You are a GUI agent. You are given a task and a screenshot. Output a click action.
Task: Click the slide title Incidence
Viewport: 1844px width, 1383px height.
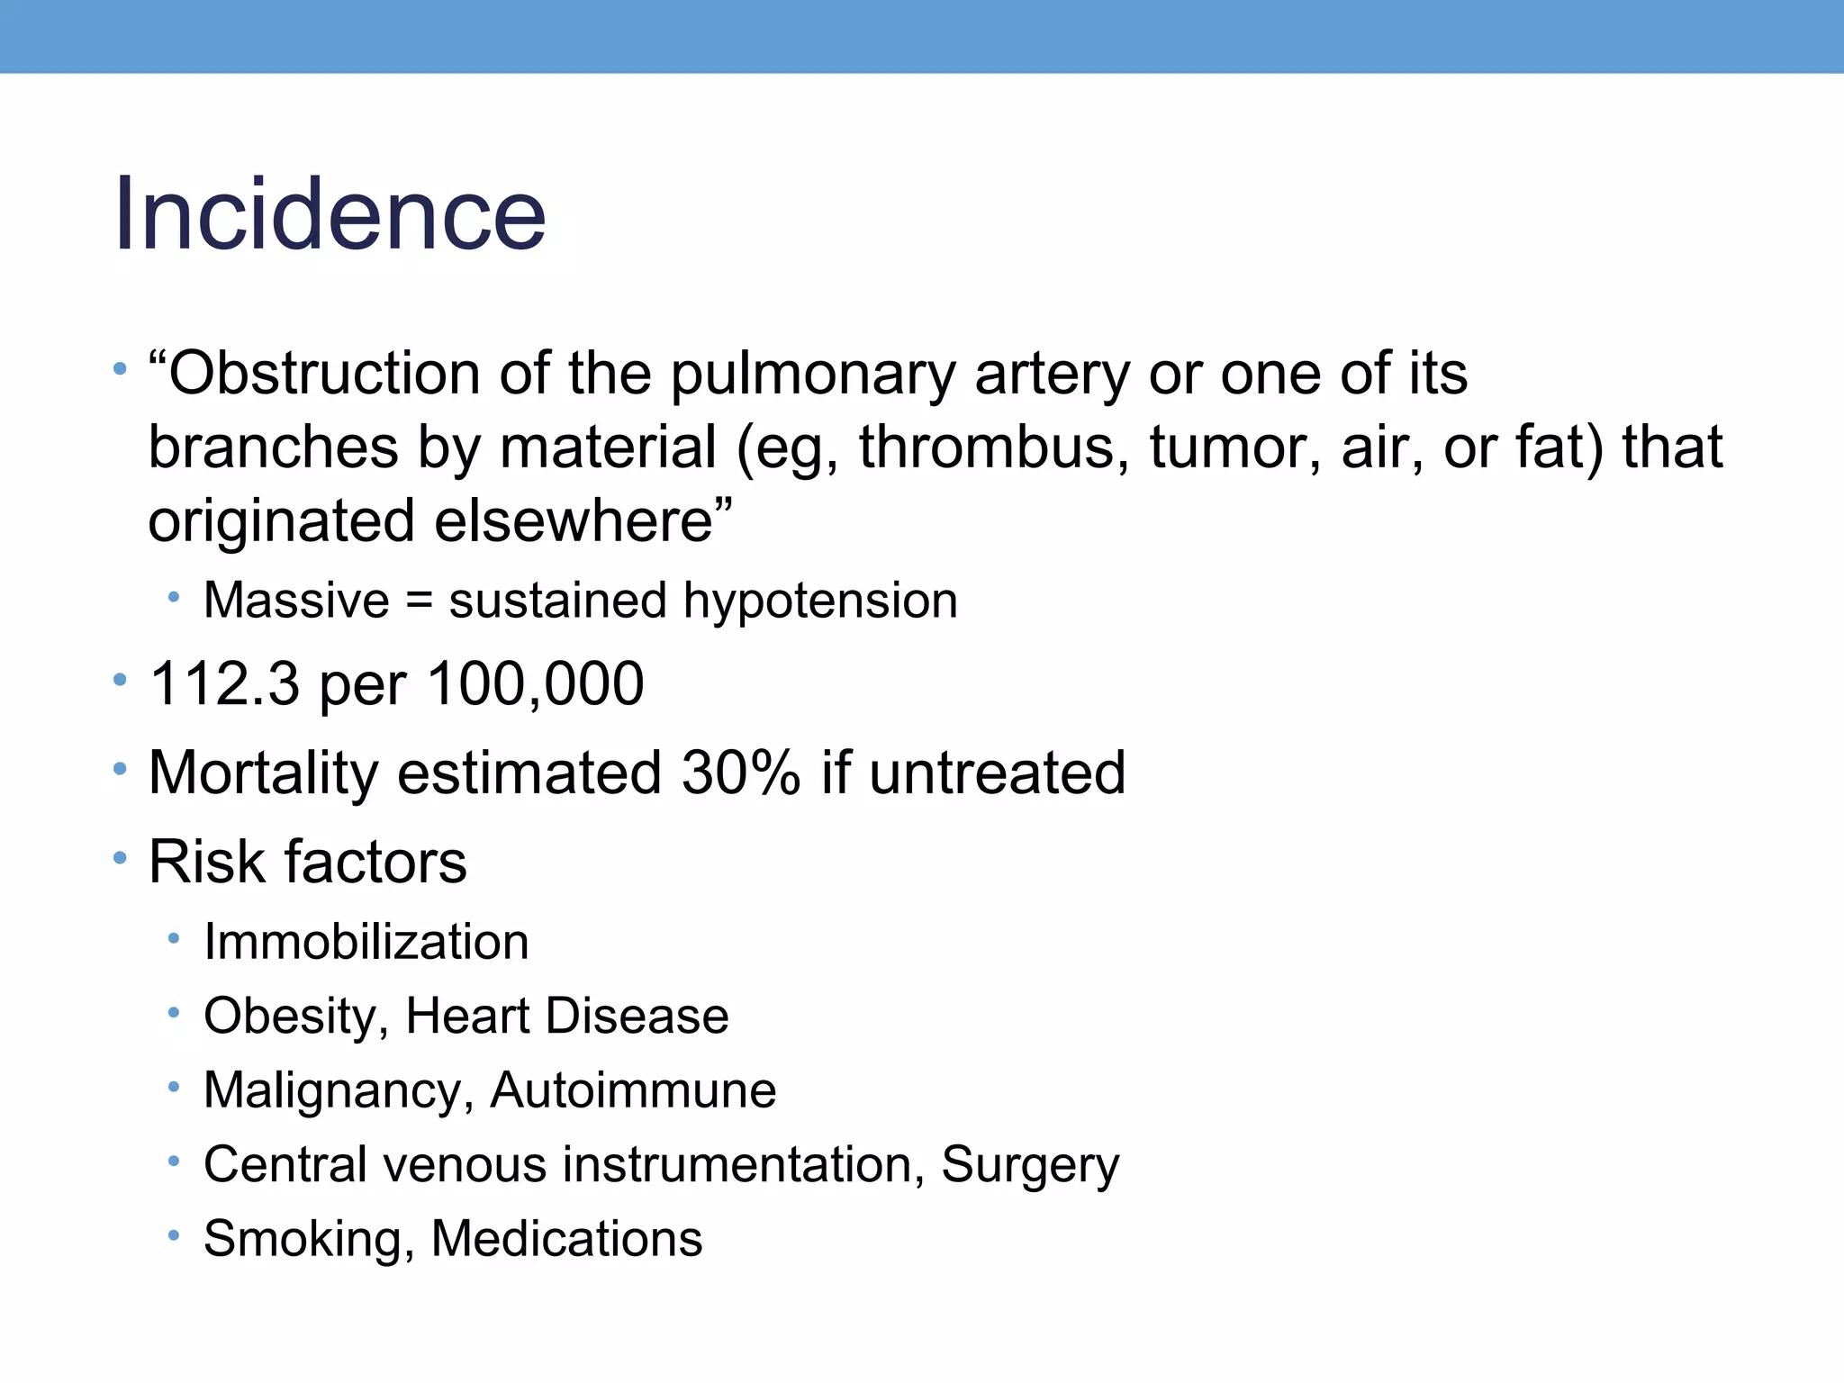click(x=330, y=214)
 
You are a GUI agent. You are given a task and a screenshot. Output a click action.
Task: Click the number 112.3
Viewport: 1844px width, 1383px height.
click(x=224, y=683)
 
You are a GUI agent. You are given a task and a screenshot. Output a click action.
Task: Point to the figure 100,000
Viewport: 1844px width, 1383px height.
click(x=536, y=683)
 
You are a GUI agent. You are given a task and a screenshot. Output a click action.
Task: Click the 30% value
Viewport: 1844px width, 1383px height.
click(x=740, y=773)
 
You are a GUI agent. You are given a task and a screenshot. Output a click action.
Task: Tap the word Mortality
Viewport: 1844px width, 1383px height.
click(x=262, y=773)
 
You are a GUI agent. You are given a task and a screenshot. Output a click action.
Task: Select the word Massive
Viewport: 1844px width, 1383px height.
click(x=296, y=600)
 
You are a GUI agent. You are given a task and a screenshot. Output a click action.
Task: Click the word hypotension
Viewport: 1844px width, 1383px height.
click(x=819, y=601)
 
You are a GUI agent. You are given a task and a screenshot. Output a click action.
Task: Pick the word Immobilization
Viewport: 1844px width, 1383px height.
click(x=366, y=942)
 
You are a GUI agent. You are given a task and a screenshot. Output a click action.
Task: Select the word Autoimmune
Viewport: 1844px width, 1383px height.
click(x=633, y=1090)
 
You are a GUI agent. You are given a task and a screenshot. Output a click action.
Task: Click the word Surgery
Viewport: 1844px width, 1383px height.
click(x=1030, y=1165)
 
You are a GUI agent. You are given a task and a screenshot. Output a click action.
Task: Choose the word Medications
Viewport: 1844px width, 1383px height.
click(x=566, y=1239)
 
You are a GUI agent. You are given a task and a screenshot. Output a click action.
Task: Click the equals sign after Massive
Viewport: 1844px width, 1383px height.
click(x=419, y=601)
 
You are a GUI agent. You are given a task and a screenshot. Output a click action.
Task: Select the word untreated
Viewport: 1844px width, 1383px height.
click(x=997, y=773)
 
